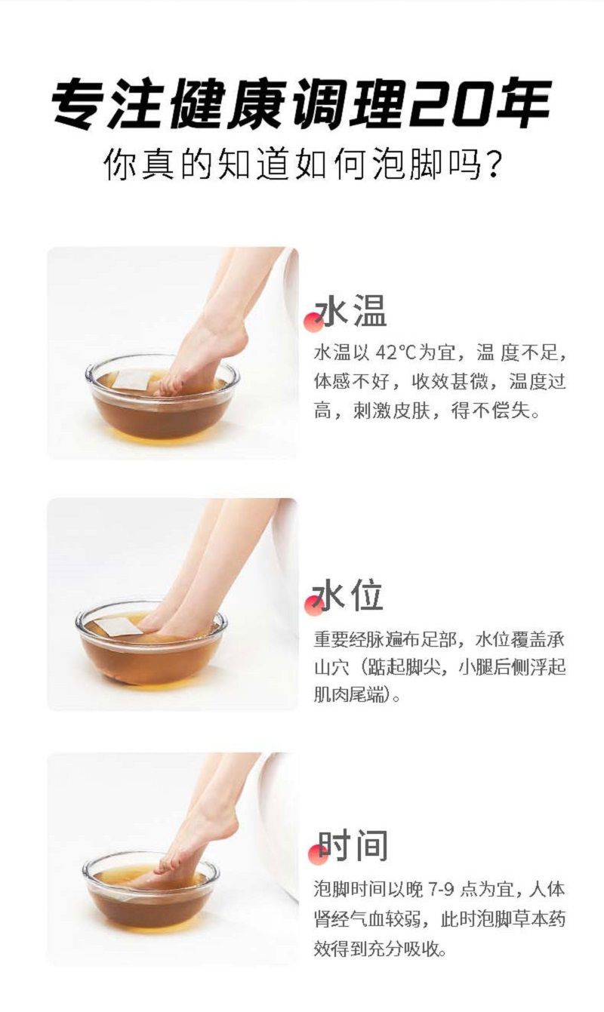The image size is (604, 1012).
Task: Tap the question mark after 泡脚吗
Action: (491, 165)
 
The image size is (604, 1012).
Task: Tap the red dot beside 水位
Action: (314, 605)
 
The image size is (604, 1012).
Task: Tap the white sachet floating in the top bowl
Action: (131, 380)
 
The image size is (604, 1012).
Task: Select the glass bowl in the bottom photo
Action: (151, 900)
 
